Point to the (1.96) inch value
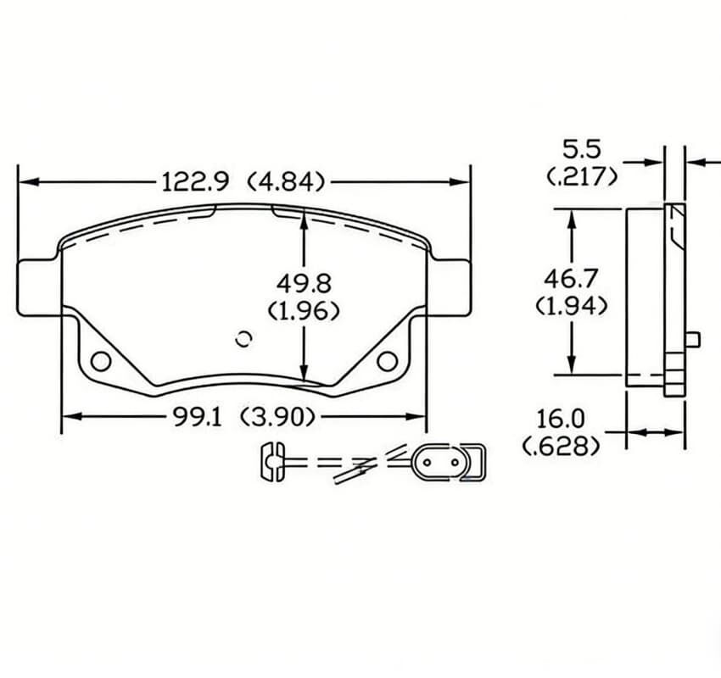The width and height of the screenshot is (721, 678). [x=304, y=311]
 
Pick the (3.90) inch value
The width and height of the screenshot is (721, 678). [x=278, y=416]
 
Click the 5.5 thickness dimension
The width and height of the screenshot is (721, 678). [x=582, y=150]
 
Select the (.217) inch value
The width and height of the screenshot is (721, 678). [x=582, y=177]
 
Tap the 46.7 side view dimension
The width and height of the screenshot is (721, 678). [x=572, y=277]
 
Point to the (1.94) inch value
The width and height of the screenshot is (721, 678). [x=572, y=305]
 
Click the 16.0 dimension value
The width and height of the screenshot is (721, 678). [x=561, y=419]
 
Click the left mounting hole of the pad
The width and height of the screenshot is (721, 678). [x=101, y=361]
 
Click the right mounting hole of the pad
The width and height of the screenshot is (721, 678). [x=388, y=361]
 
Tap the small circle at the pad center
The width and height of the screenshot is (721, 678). [x=244, y=338]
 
